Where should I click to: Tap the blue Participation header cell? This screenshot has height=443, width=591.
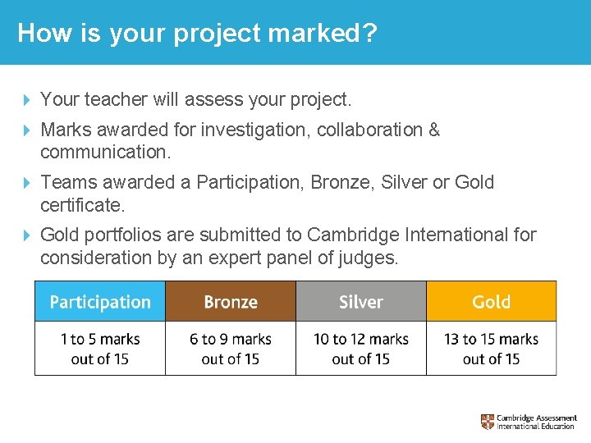click(100, 301)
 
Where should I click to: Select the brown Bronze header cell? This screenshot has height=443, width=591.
click(231, 301)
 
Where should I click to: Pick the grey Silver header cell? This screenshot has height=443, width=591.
click(361, 301)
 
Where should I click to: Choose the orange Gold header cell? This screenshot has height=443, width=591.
click(491, 301)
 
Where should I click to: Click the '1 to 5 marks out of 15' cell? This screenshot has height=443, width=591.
click(100, 349)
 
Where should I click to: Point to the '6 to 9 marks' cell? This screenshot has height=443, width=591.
click(231, 349)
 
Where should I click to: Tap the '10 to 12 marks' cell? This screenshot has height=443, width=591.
click(361, 349)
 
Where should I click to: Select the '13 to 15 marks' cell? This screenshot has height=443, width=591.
click(491, 349)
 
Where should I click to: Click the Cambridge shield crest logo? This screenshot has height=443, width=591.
click(488, 422)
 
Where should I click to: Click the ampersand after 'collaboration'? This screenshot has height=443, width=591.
click(433, 130)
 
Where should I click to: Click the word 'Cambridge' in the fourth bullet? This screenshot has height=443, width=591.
click(354, 235)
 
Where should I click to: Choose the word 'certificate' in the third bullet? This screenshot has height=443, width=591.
click(80, 204)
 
